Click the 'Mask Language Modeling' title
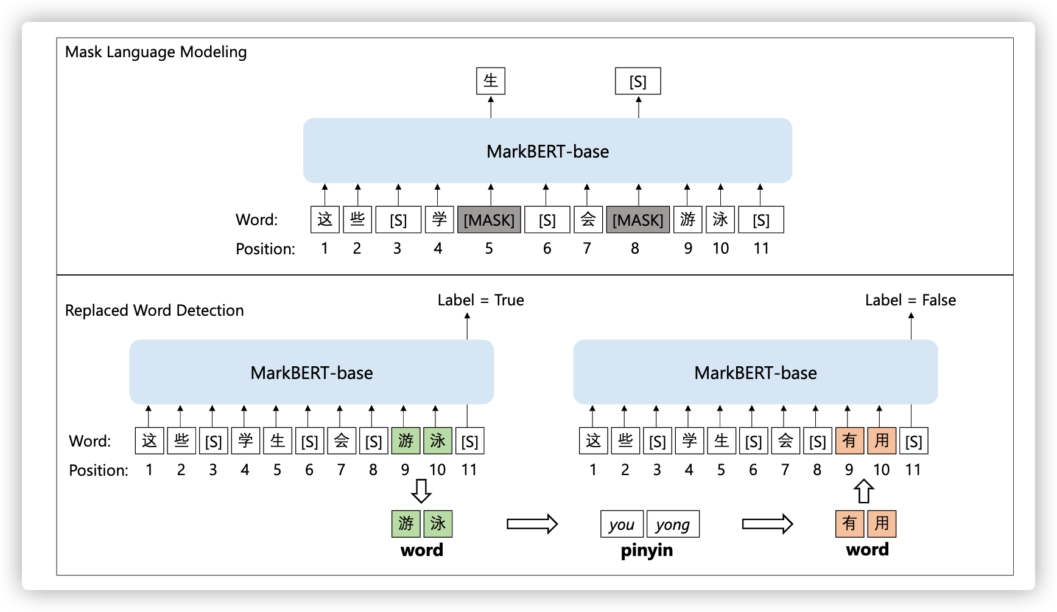tap(156, 52)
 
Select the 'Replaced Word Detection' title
tap(154, 310)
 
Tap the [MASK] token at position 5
tap(489, 220)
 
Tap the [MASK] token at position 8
tap(637, 220)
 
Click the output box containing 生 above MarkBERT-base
tap(491, 81)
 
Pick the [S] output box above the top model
tap(637, 82)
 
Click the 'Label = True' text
tap(480, 300)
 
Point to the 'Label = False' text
tap(910, 300)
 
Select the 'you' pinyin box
tap(622, 524)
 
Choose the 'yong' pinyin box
tap(673, 524)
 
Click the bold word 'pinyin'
tap(647, 551)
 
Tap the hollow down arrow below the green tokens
tap(421, 490)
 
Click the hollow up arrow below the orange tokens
tap(864, 491)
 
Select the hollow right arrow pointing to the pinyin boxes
tap(532, 524)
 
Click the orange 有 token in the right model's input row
tap(849, 441)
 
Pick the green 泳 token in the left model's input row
tap(438, 441)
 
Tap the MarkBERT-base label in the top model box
tap(547, 151)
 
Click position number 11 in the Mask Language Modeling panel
tap(761, 248)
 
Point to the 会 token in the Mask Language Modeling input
tap(588, 220)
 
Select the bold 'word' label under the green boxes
tap(422, 551)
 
